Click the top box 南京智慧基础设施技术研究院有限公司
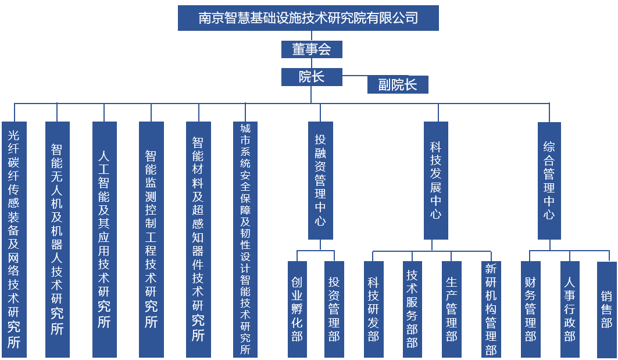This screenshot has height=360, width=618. pos(308,18)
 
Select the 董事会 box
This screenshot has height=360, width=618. pos(312,49)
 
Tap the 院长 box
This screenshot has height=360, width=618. pos(312,77)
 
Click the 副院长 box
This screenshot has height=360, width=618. pos(398,85)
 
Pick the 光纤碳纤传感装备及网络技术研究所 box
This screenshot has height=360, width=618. pos(14,239)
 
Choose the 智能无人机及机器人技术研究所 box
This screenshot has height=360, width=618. pos(57,239)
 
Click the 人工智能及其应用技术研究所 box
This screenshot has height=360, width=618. pos(104,239)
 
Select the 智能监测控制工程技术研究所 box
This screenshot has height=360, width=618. pos(151,239)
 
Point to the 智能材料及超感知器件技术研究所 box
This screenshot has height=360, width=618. pos(198,239)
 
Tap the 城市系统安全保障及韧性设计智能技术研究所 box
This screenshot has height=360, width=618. pos(245,239)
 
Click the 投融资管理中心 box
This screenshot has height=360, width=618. pos(320,180)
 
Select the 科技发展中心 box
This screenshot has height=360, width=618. pos(436,180)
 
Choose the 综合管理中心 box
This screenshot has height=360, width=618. pos(549,180)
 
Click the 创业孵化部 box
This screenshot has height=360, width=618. pos(297,309)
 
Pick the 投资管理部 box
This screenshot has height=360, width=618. pos(334,309)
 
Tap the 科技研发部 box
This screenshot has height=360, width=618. pos(373,309)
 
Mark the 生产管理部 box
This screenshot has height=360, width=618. pos(452,309)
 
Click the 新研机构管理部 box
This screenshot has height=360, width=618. pos(491,309)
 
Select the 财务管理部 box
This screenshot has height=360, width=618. pos(530,309)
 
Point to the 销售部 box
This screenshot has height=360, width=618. pos(606,309)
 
